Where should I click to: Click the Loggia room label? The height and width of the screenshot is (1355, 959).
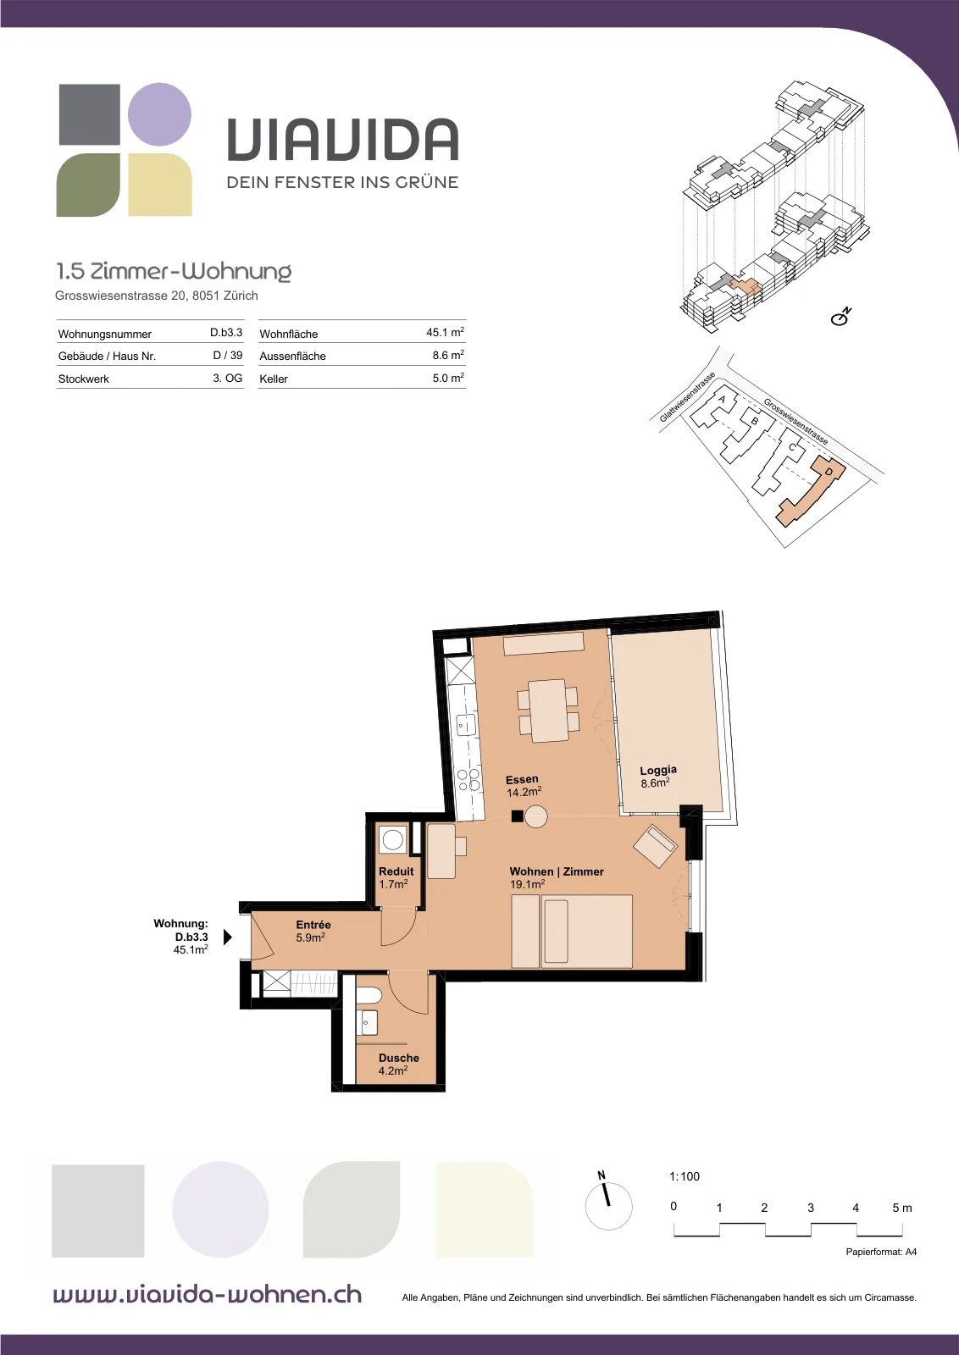658,770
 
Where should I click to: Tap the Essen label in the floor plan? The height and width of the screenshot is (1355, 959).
522,779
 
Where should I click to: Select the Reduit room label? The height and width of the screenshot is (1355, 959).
396,871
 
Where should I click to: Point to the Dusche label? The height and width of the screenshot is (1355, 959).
399,1058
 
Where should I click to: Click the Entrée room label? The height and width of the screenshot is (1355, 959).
313,924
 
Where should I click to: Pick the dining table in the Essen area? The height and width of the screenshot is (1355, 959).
547,711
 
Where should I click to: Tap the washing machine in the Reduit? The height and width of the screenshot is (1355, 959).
393,840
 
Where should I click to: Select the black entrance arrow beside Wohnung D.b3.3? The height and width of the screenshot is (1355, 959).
228,937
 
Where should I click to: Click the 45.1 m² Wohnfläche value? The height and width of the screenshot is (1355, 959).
445,332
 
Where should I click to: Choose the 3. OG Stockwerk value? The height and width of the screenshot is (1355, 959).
228,378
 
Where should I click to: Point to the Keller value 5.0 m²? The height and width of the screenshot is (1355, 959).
448,378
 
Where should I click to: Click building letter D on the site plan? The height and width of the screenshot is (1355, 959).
829,471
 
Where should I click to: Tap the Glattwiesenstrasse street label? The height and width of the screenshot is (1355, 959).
687,397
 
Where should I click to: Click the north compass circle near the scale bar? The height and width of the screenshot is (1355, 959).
608,1206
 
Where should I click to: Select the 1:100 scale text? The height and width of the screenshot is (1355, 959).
685,1176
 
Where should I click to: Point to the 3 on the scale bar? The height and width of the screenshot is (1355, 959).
810,1208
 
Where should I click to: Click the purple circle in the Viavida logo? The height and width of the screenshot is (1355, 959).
160,114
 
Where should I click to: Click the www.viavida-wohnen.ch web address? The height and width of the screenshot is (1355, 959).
208,1294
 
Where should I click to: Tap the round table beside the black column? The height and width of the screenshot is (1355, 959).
535,816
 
